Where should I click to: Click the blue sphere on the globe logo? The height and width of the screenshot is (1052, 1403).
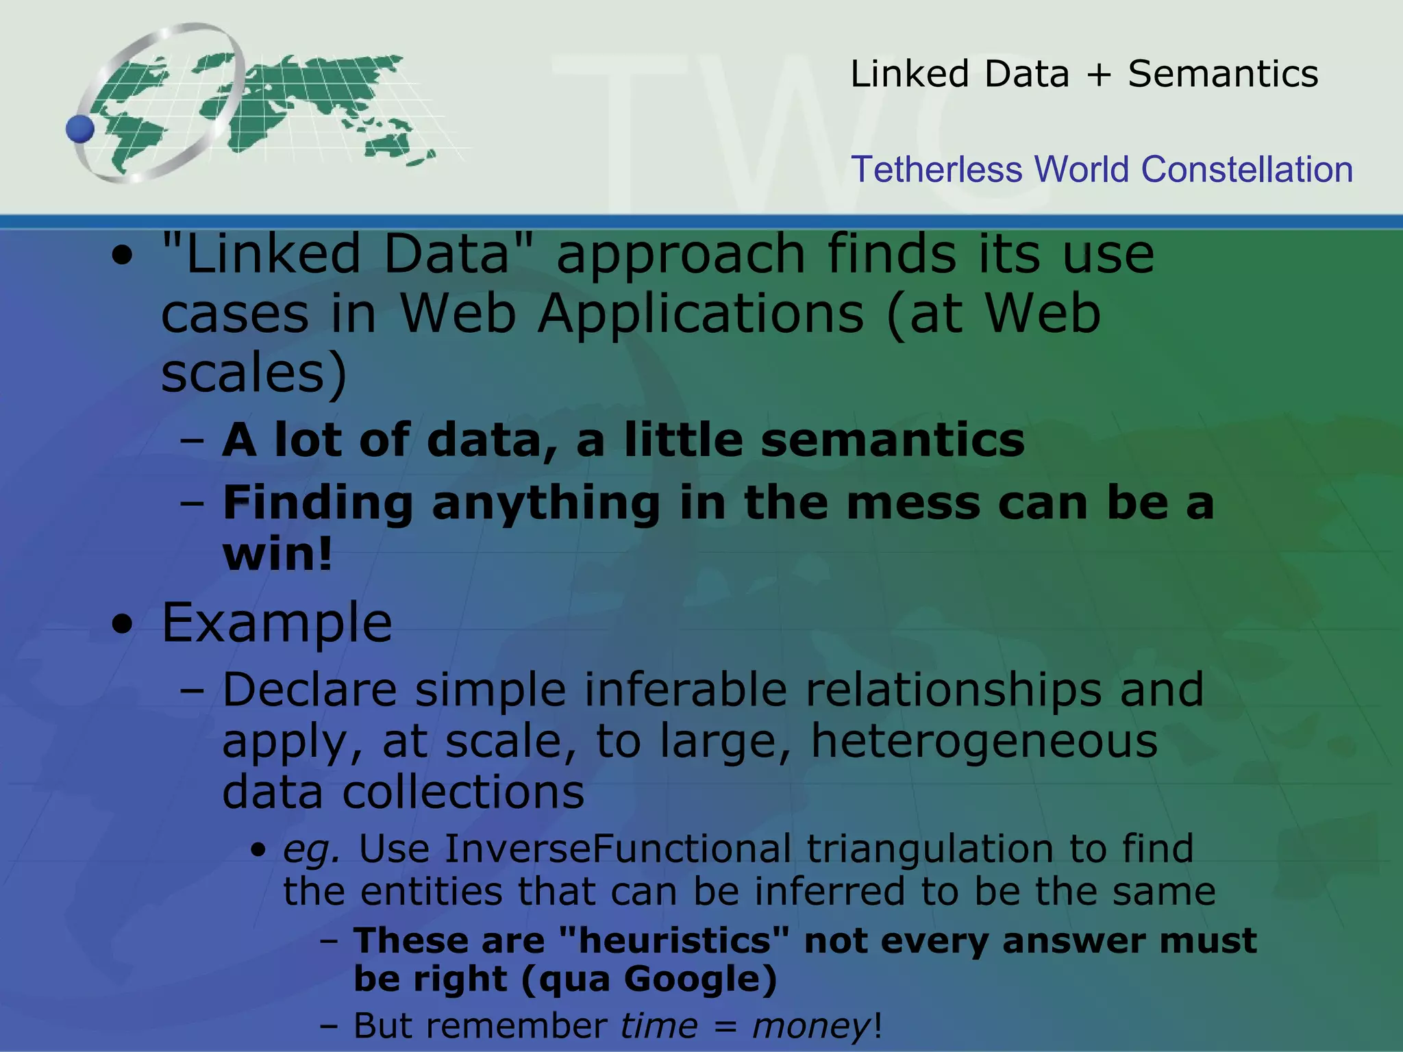click(80, 128)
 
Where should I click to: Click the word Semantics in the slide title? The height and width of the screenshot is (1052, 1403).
click(1223, 74)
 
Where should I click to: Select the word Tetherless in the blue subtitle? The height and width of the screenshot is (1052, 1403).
click(936, 169)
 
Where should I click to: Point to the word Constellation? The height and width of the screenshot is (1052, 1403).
click(1247, 169)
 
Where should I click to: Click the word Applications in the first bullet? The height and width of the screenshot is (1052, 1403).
click(700, 314)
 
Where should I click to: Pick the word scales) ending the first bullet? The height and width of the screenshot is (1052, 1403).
click(254, 373)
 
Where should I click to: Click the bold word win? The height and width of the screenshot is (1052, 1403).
click(277, 553)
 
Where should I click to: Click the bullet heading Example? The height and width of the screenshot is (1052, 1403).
click(277, 623)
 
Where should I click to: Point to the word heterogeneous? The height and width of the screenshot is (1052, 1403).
click(984, 741)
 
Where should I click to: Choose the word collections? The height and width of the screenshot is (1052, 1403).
click(463, 792)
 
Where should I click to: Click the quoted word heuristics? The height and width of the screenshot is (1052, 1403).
click(674, 940)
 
